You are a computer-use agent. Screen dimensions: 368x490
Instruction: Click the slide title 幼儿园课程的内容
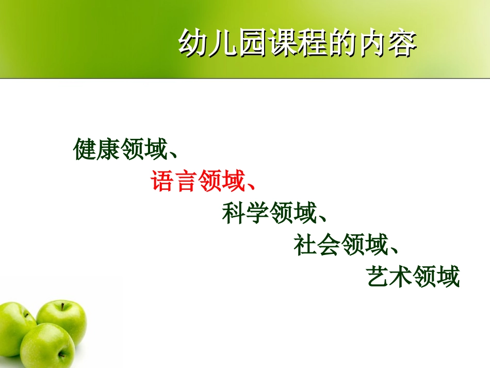(x=297, y=43)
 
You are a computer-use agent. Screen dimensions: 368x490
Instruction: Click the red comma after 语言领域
(x=249, y=186)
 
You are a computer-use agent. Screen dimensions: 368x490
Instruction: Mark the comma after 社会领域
(x=393, y=250)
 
